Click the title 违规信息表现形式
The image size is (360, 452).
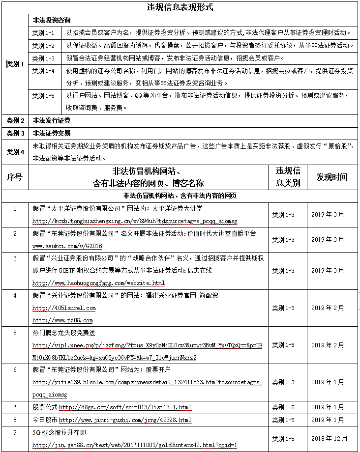coord(180,7)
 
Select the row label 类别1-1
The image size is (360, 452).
coord(43,33)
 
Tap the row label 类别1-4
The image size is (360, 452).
coord(43,71)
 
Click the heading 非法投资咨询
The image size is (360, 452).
coord(51,21)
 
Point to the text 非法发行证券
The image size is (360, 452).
coord(51,120)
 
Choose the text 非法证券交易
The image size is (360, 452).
coord(51,133)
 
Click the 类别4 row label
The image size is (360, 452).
coord(15,152)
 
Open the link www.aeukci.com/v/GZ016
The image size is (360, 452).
coord(67,246)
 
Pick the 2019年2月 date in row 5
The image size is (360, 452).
coord(328,345)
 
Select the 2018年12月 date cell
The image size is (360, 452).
coord(328,439)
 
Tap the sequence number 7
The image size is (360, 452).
coord(15,407)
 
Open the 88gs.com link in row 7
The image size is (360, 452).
coord(125,407)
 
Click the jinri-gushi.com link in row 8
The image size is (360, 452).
coord(125,420)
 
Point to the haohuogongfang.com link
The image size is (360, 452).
coord(98,283)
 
